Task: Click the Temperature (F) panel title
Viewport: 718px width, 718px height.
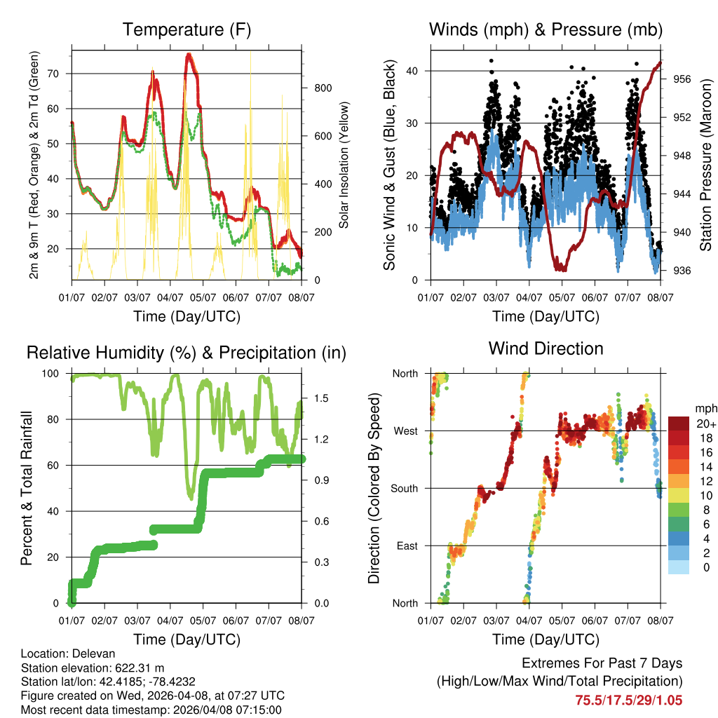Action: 187,29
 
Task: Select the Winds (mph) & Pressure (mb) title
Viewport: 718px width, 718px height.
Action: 546,29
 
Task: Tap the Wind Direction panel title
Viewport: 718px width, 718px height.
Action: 546,348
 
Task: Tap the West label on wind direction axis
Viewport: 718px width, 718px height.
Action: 405,431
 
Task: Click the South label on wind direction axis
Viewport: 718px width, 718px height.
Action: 404,488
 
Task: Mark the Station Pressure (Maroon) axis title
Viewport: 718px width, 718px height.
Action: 706,165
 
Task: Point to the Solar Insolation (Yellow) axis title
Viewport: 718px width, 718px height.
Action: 344,165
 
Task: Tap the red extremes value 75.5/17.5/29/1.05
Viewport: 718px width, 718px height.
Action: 629,700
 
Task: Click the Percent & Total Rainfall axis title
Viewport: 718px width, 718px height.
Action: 27,488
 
